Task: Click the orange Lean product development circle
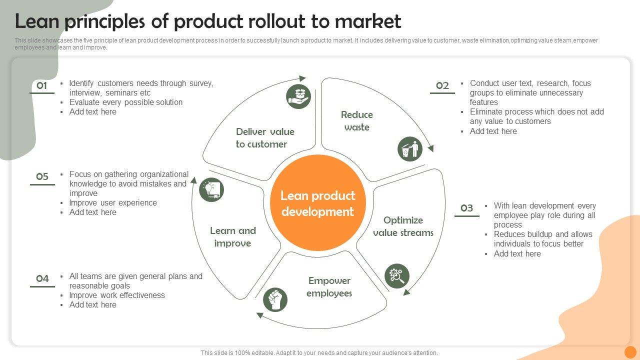click(x=318, y=203)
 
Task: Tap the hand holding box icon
click(x=298, y=96)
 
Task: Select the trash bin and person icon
click(x=410, y=149)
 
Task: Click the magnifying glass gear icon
click(x=397, y=276)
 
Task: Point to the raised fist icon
click(x=275, y=299)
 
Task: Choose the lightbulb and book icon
click(x=211, y=190)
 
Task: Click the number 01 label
click(x=42, y=85)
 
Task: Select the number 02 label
click(x=442, y=85)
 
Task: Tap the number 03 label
click(x=466, y=208)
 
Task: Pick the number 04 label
click(x=42, y=278)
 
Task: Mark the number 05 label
click(x=42, y=176)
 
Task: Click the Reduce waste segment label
click(x=357, y=121)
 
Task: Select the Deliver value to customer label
click(x=265, y=138)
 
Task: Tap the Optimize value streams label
click(x=403, y=226)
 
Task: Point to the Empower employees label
click(x=329, y=287)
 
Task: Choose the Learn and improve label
click(x=232, y=237)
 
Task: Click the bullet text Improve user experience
click(x=113, y=202)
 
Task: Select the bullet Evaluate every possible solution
click(x=126, y=102)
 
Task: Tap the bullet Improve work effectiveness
click(x=117, y=295)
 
